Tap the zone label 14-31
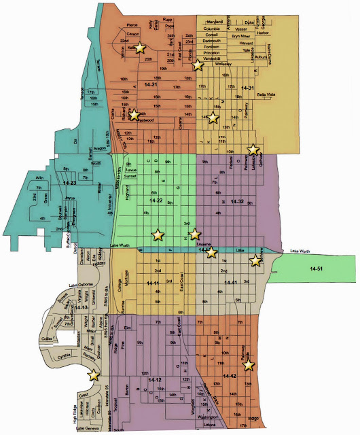[247, 88]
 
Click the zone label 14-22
[155, 201]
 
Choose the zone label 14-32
[236, 202]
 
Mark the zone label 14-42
[228, 376]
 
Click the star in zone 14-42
[249, 365]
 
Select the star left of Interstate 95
[93, 374]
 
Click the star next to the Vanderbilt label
[197, 65]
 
